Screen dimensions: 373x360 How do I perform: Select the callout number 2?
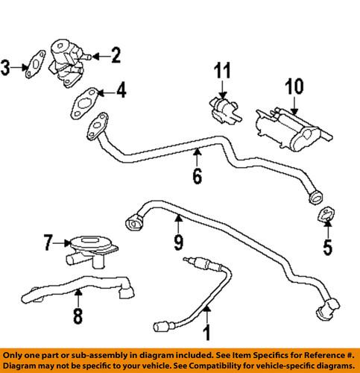[115, 54]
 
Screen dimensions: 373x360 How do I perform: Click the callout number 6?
[197, 177]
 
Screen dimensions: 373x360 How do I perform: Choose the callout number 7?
[48, 242]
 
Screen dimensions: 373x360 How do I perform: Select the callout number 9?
[178, 242]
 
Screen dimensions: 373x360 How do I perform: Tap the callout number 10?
[294, 87]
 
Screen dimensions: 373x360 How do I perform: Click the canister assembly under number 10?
[291, 123]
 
